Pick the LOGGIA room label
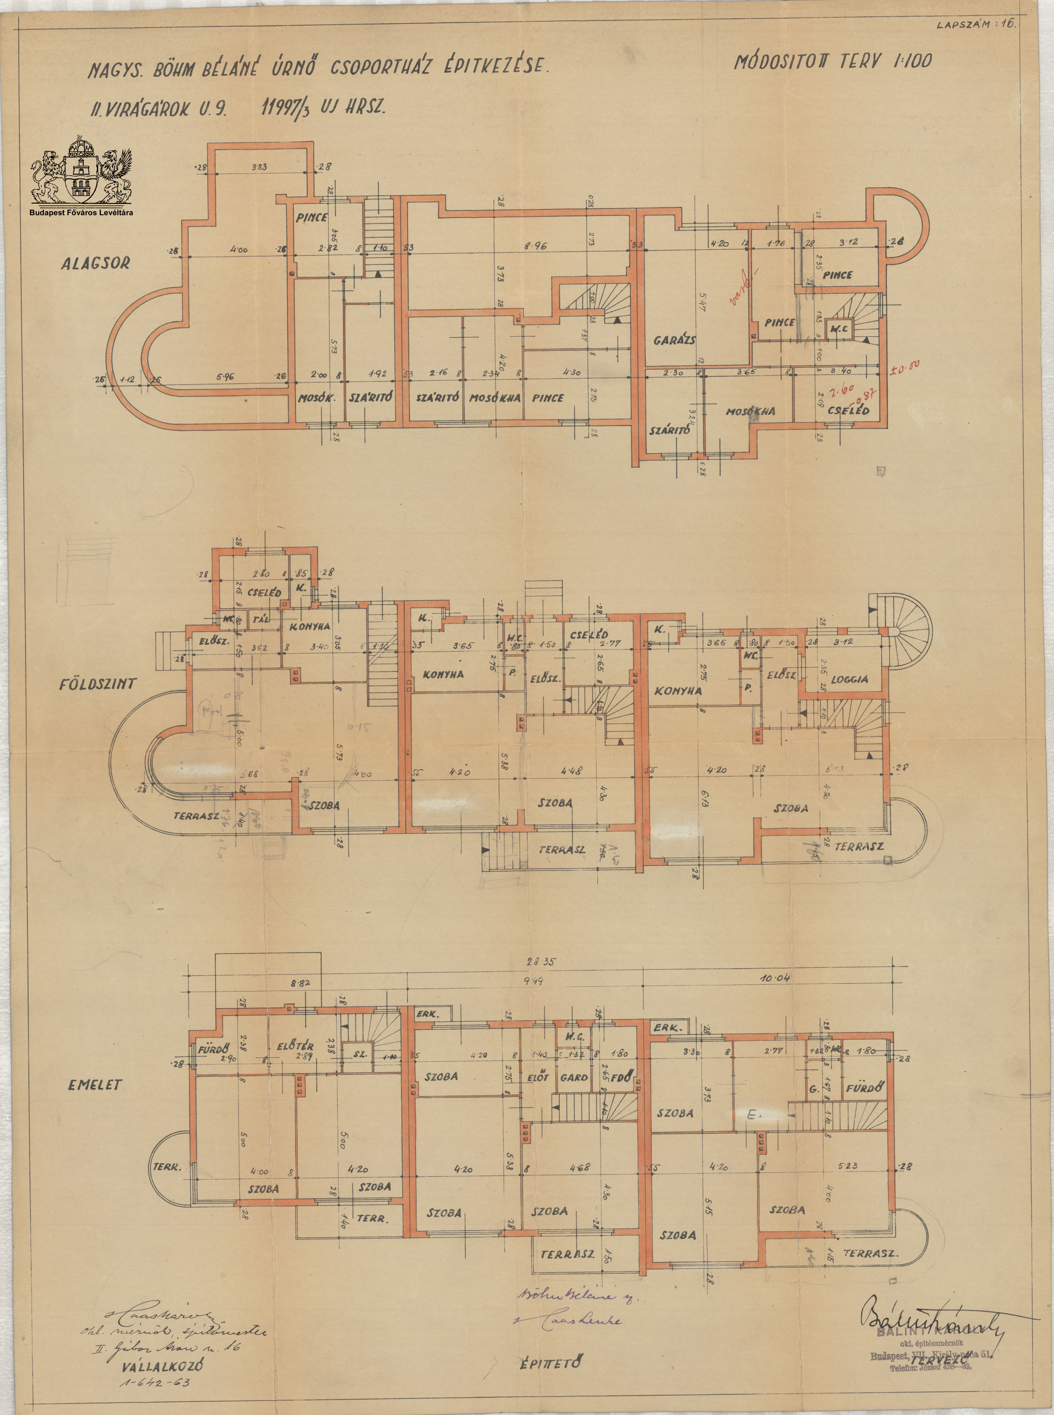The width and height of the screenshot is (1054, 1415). tap(849, 680)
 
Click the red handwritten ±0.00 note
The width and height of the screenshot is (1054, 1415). tap(906, 367)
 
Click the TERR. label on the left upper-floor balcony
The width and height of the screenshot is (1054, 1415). tap(167, 1167)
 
